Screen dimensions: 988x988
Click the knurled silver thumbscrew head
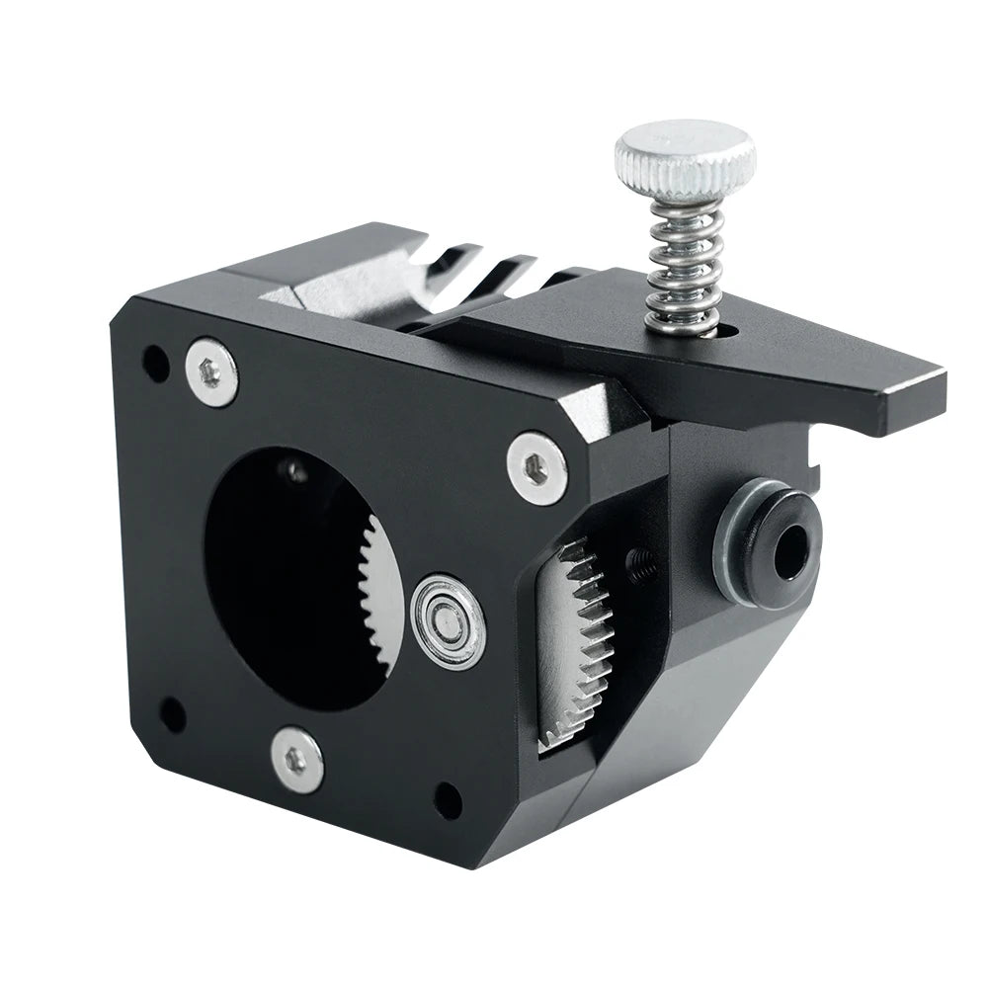click(685, 157)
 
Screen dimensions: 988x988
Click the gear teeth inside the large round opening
click(381, 593)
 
